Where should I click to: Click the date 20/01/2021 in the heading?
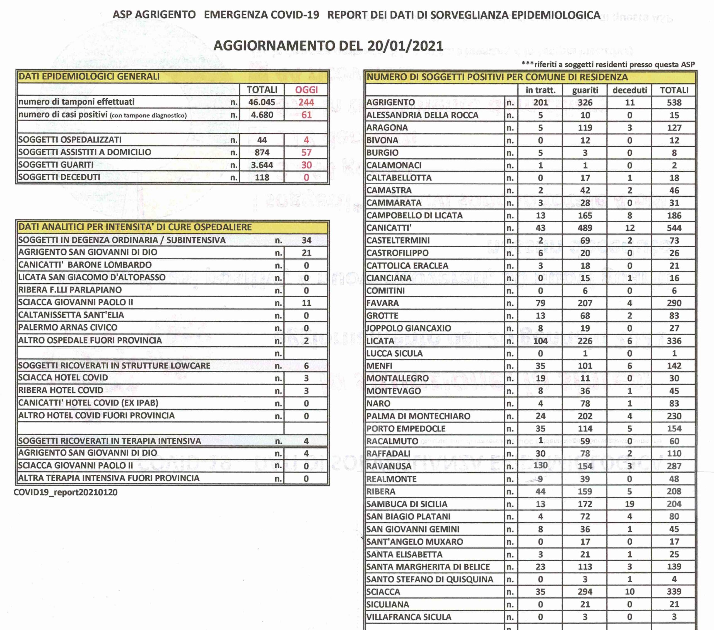[405, 46]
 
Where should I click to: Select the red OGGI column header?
[306, 90]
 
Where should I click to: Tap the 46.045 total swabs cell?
[262, 102]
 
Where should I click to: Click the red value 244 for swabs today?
[306, 102]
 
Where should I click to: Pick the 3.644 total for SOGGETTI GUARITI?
[262, 165]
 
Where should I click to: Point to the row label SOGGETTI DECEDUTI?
[59, 177]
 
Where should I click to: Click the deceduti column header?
[629, 90]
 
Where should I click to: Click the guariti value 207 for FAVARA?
[585, 303]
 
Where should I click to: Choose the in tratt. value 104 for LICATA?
[540, 341]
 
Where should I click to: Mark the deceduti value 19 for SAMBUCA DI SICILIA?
[629, 504]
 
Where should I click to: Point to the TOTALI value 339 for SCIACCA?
[674, 592]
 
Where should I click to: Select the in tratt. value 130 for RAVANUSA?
[540, 466]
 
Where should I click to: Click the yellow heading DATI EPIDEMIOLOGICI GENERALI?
[89, 76]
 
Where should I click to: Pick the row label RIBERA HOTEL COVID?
[61, 390]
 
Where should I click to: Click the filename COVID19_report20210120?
[65, 493]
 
